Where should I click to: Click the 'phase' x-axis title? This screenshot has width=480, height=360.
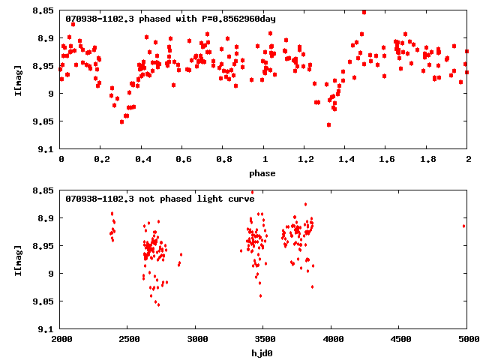(x=263, y=173)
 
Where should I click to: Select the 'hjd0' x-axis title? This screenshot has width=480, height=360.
(x=263, y=352)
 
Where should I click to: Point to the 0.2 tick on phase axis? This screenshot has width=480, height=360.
(x=101, y=160)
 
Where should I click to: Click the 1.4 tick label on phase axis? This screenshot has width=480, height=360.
(x=346, y=160)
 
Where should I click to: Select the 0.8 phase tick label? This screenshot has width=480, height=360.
(x=223, y=160)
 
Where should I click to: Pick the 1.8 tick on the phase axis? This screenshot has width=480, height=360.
(x=427, y=160)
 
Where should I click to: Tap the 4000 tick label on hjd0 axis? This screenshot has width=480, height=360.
(x=331, y=339)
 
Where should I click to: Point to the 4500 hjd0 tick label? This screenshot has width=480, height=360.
(x=399, y=339)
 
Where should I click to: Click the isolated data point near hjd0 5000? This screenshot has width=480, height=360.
(x=464, y=225)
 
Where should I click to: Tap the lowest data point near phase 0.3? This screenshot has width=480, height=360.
(x=121, y=121)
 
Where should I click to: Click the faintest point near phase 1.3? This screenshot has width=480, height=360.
(x=328, y=124)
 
